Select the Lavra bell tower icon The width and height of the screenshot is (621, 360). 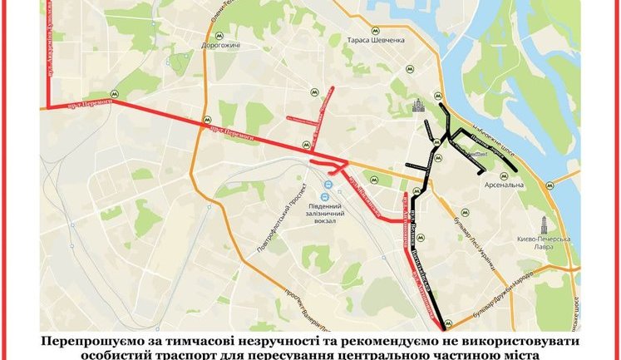click(x=544, y=224)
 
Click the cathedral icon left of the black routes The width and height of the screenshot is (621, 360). click(x=418, y=106)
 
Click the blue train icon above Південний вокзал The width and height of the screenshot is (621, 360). click(x=328, y=184)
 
